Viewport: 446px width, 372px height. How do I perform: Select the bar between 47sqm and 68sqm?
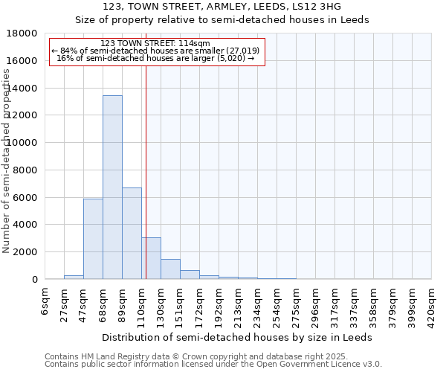point(93,239)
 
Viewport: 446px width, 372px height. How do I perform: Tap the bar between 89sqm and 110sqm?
point(132,234)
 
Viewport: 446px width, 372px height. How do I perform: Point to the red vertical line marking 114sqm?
point(146,171)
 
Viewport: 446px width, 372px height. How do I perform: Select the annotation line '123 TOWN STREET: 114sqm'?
point(155,43)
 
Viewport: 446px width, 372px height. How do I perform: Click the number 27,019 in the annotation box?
point(244,51)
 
